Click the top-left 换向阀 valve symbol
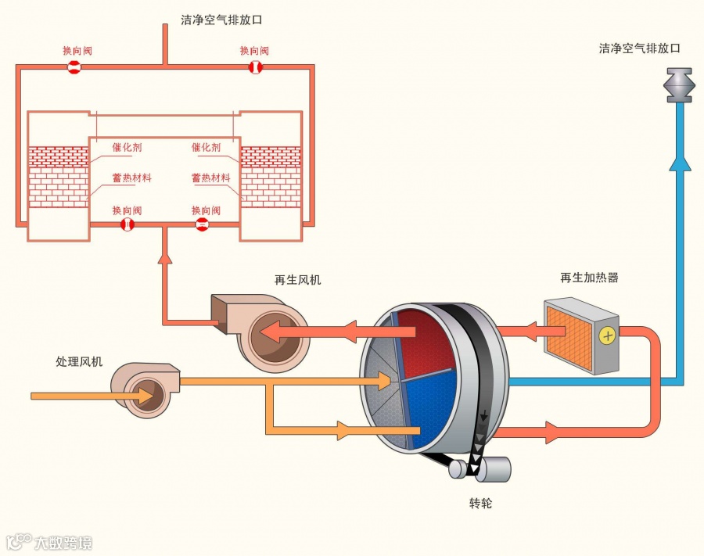[x=74, y=67]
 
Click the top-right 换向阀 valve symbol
[x=256, y=67]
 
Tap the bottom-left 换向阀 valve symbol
[x=127, y=225]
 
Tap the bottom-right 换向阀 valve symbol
[x=201, y=225]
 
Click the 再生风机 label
[x=297, y=279]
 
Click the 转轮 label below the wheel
[x=481, y=503]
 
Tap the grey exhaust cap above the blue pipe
[x=680, y=84]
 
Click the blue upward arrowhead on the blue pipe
[x=680, y=160]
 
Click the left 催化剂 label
[x=127, y=147]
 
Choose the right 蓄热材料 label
[x=210, y=178]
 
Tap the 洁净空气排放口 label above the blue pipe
[x=639, y=48]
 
